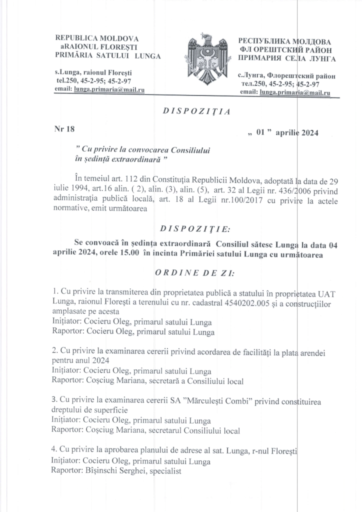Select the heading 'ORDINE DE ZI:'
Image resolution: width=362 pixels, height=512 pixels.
tap(195, 273)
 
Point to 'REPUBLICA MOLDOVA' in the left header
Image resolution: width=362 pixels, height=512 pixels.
tap(97, 38)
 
